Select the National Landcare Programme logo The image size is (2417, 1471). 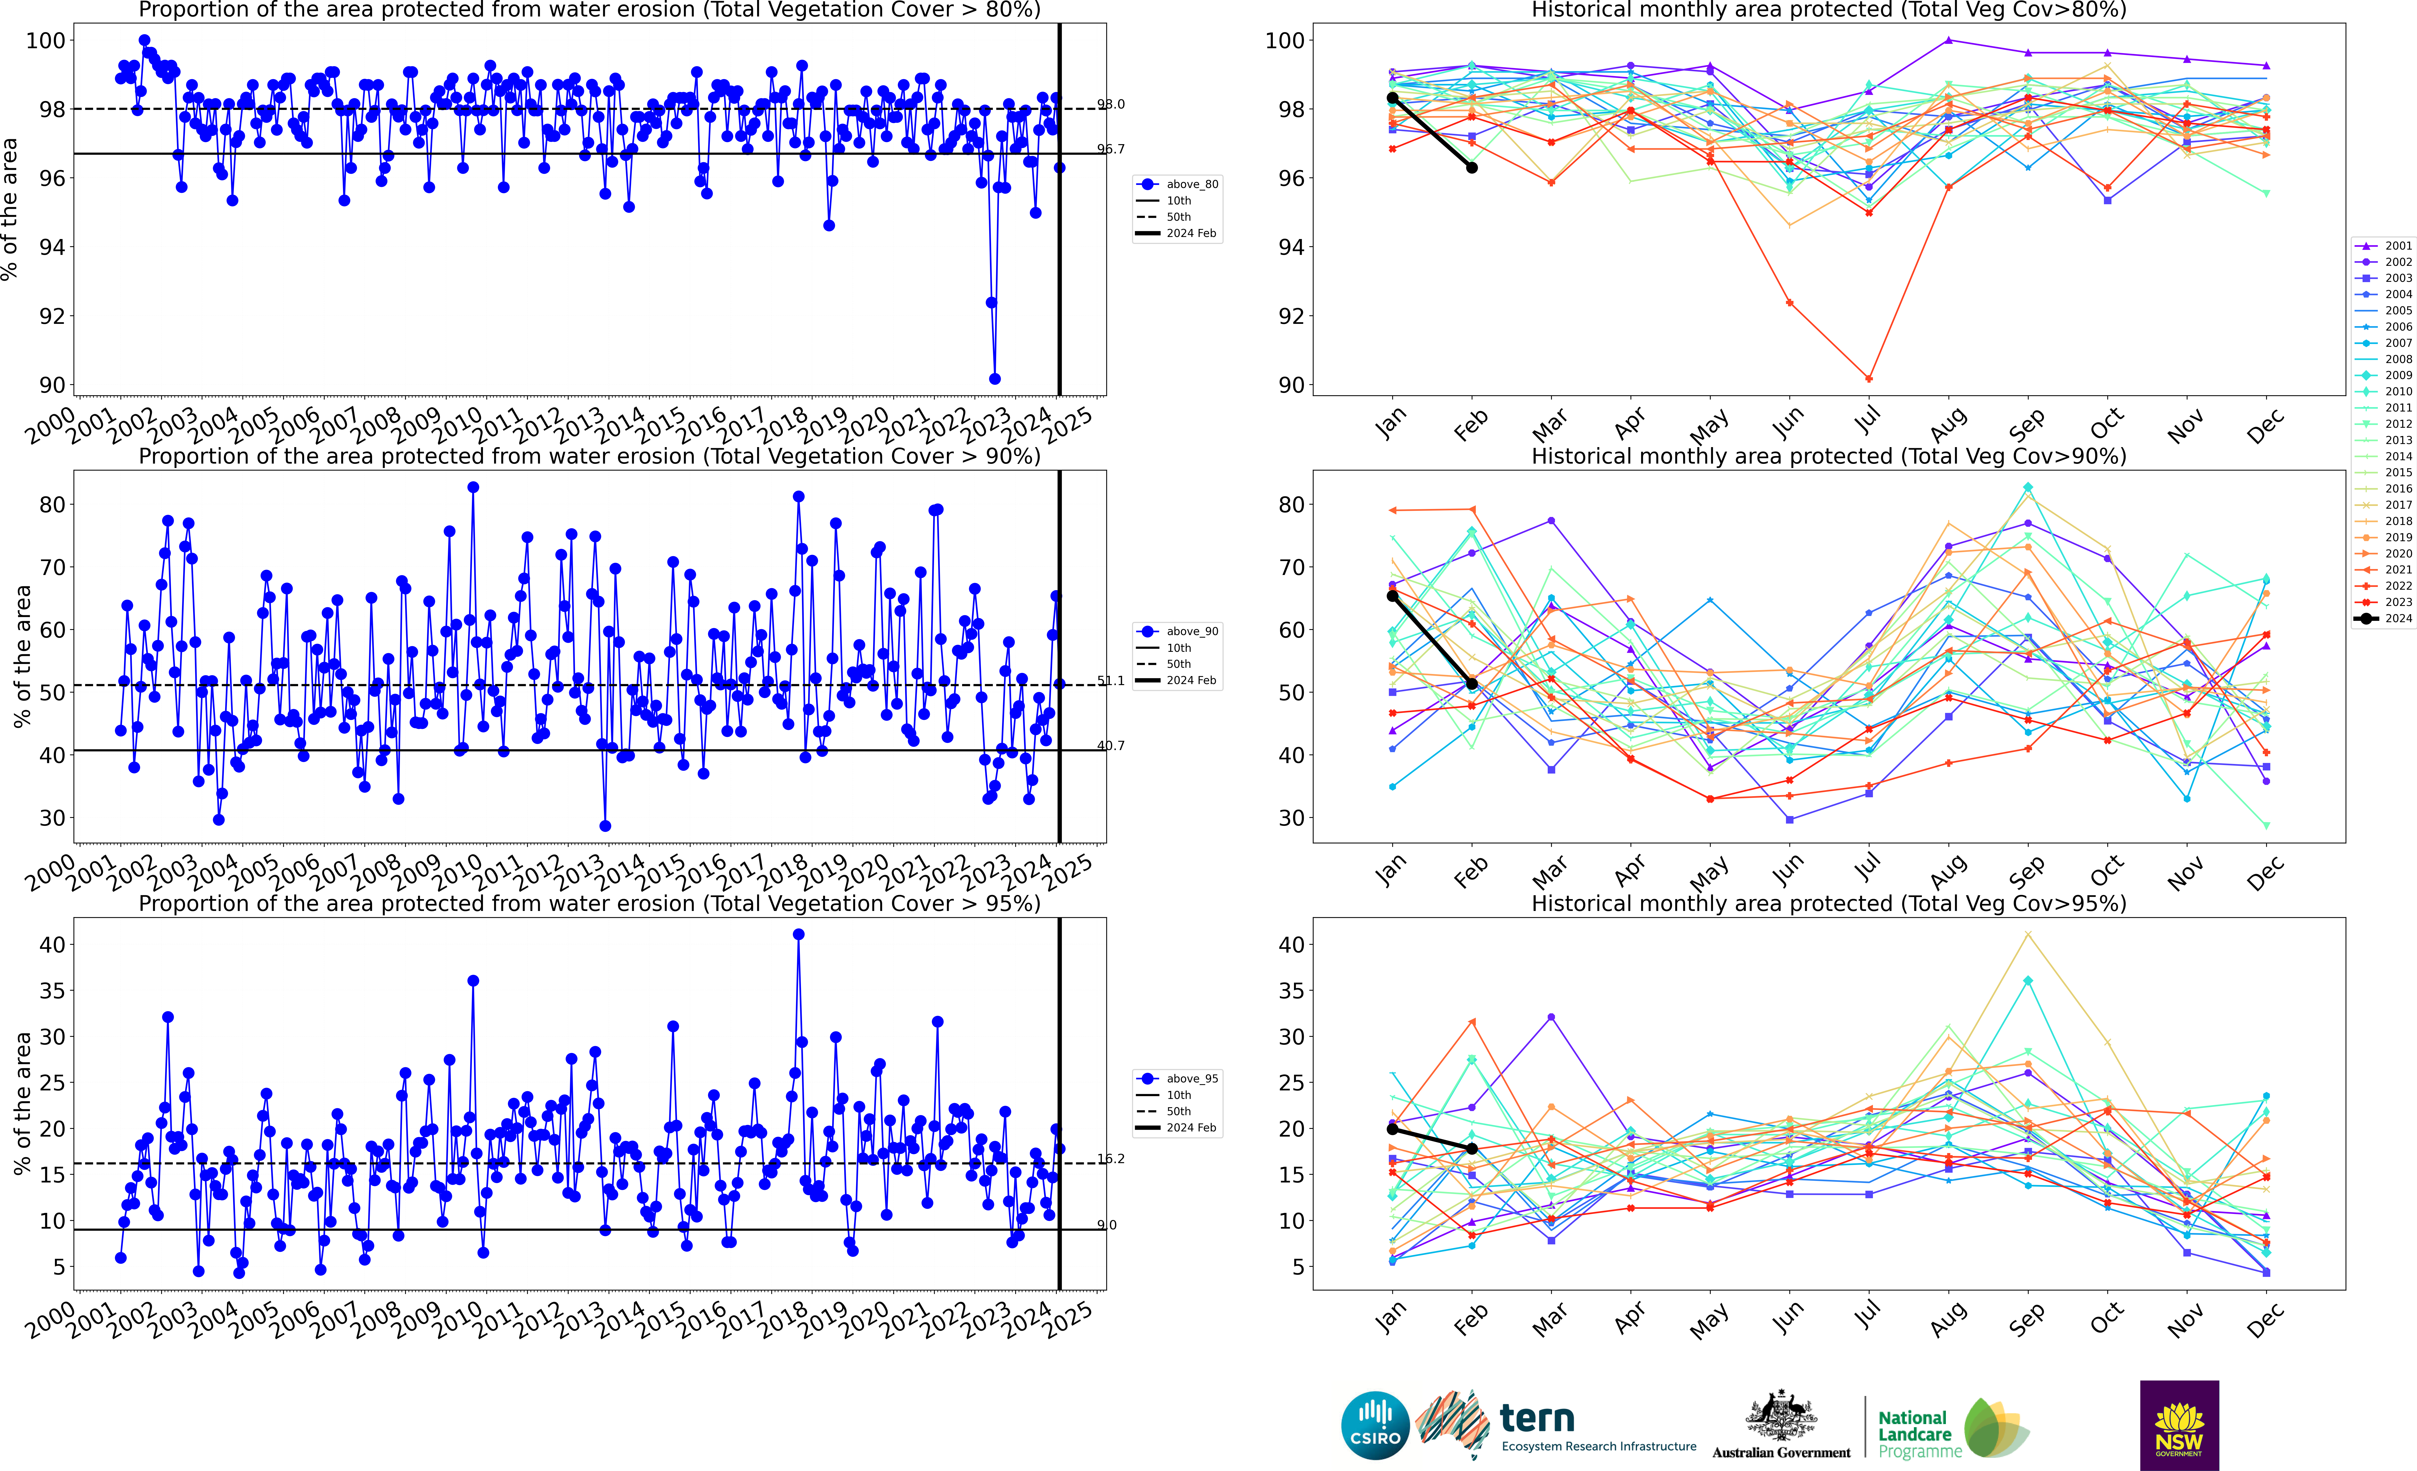click(x=1952, y=1429)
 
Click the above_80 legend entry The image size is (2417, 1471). click(x=1177, y=184)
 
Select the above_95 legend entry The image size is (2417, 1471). click(x=1177, y=1079)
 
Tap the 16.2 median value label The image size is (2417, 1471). click(x=1110, y=1159)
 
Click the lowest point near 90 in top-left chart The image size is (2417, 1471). click(x=995, y=379)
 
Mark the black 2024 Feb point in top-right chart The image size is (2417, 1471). click(x=1471, y=168)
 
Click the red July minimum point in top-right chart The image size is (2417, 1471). click(x=1869, y=379)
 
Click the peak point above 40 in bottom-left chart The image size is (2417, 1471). click(x=798, y=935)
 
